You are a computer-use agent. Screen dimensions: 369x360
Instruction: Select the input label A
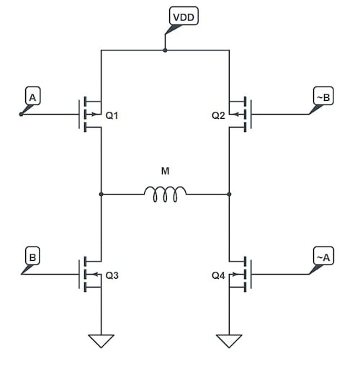tap(32, 95)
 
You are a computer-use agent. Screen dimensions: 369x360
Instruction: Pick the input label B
tap(32, 255)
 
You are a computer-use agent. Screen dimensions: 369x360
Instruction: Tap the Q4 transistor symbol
tap(240, 275)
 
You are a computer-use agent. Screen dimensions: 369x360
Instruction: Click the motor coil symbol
tap(165, 192)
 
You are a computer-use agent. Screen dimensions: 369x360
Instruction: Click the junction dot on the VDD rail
tap(165, 50)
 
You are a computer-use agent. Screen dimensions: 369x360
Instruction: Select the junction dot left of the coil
tap(101, 194)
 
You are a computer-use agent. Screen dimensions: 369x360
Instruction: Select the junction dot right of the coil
tap(229, 194)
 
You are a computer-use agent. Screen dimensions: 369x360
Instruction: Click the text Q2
tap(218, 115)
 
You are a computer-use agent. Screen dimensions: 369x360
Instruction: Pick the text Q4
tap(218, 275)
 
